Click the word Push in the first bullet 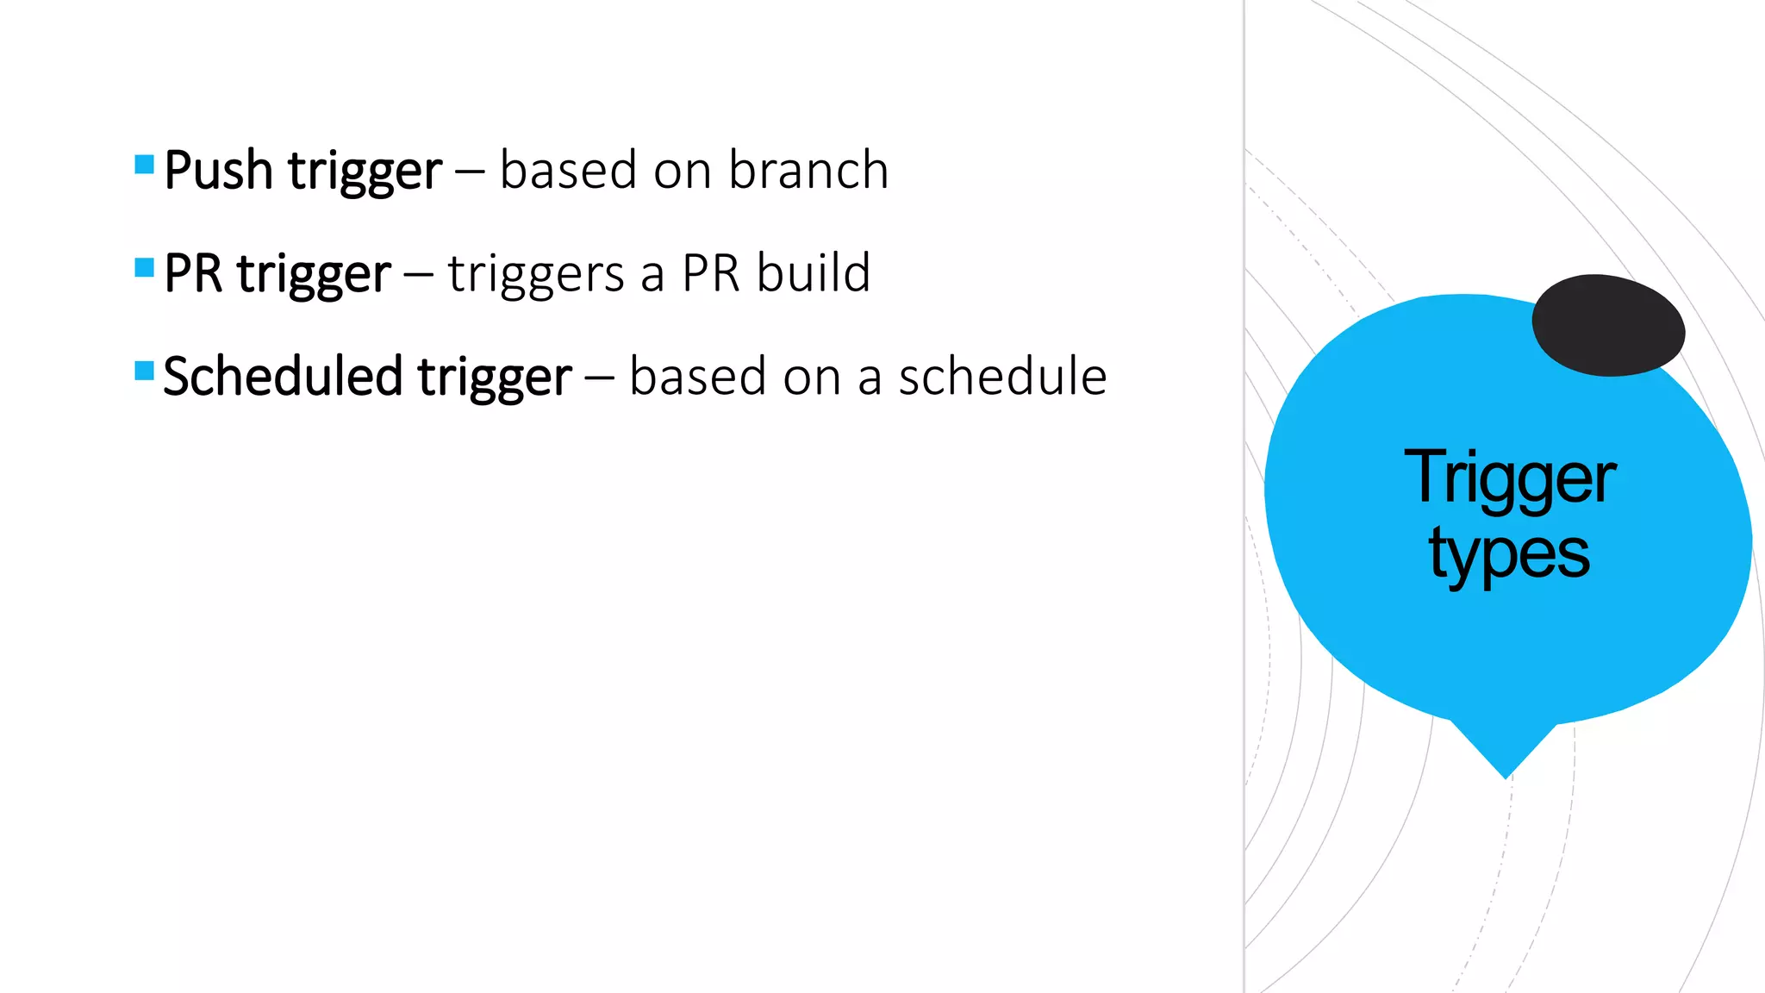pos(218,171)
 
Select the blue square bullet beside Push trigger pos(145,165)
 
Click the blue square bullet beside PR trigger pos(145,268)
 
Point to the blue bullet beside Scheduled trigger pos(145,372)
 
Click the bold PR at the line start pos(193,274)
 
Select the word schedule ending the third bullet pos(1002,377)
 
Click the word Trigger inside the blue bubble pos(1509,478)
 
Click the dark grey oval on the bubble pos(1608,325)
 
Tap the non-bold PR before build pos(711,274)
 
